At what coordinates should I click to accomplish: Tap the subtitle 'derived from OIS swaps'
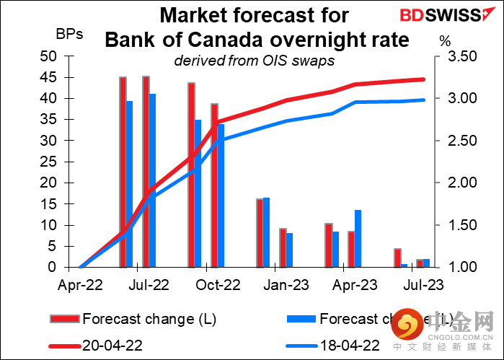pyautogui.click(x=254, y=61)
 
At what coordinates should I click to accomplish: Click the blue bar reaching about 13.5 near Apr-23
pyautogui.click(x=358, y=238)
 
